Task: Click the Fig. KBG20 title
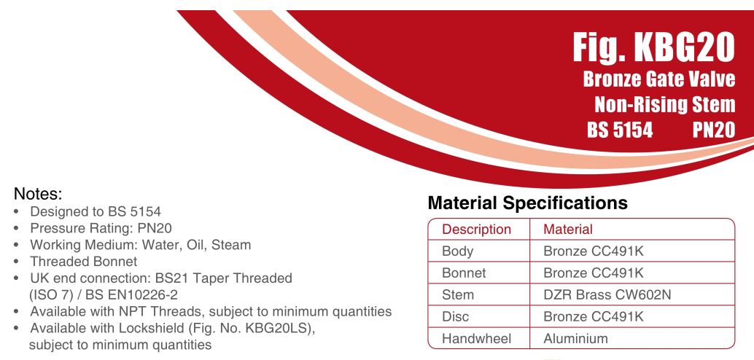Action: point(653,47)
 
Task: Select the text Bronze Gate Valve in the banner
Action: point(658,79)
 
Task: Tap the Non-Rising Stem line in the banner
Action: point(665,104)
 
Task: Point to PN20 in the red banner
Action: point(714,130)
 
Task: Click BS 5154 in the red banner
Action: point(620,130)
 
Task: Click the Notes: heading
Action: point(38,193)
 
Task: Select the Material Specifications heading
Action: point(527,203)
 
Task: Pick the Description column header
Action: point(476,230)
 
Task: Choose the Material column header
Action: point(568,230)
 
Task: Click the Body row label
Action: point(457,251)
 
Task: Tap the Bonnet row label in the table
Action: point(464,273)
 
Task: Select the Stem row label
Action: point(457,294)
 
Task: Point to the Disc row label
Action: point(455,317)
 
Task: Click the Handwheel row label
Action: point(476,338)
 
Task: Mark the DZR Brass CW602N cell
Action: point(607,294)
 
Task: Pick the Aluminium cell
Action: point(575,338)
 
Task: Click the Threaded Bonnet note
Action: point(84,262)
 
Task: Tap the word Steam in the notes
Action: point(231,245)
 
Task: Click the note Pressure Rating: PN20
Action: point(101,228)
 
